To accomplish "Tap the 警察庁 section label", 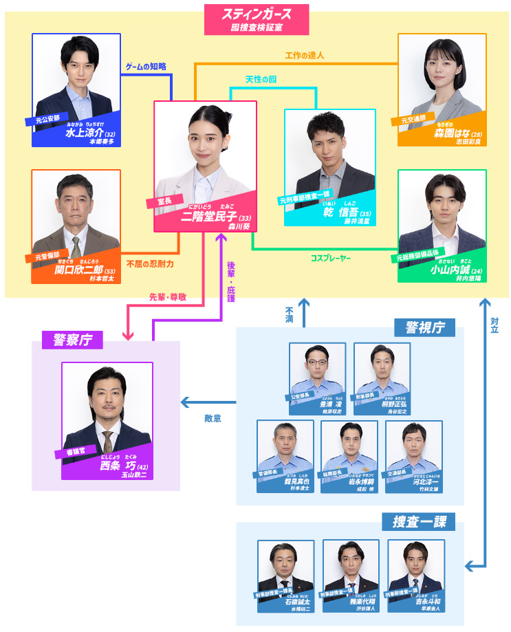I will (x=72, y=339).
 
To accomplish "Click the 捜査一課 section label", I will (x=418, y=522).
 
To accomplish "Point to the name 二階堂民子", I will (x=208, y=217).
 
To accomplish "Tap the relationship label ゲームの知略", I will (x=145, y=67).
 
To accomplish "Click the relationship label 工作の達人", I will (x=304, y=54).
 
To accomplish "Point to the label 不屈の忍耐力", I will (x=150, y=263).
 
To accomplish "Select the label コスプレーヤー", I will (x=330, y=258).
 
